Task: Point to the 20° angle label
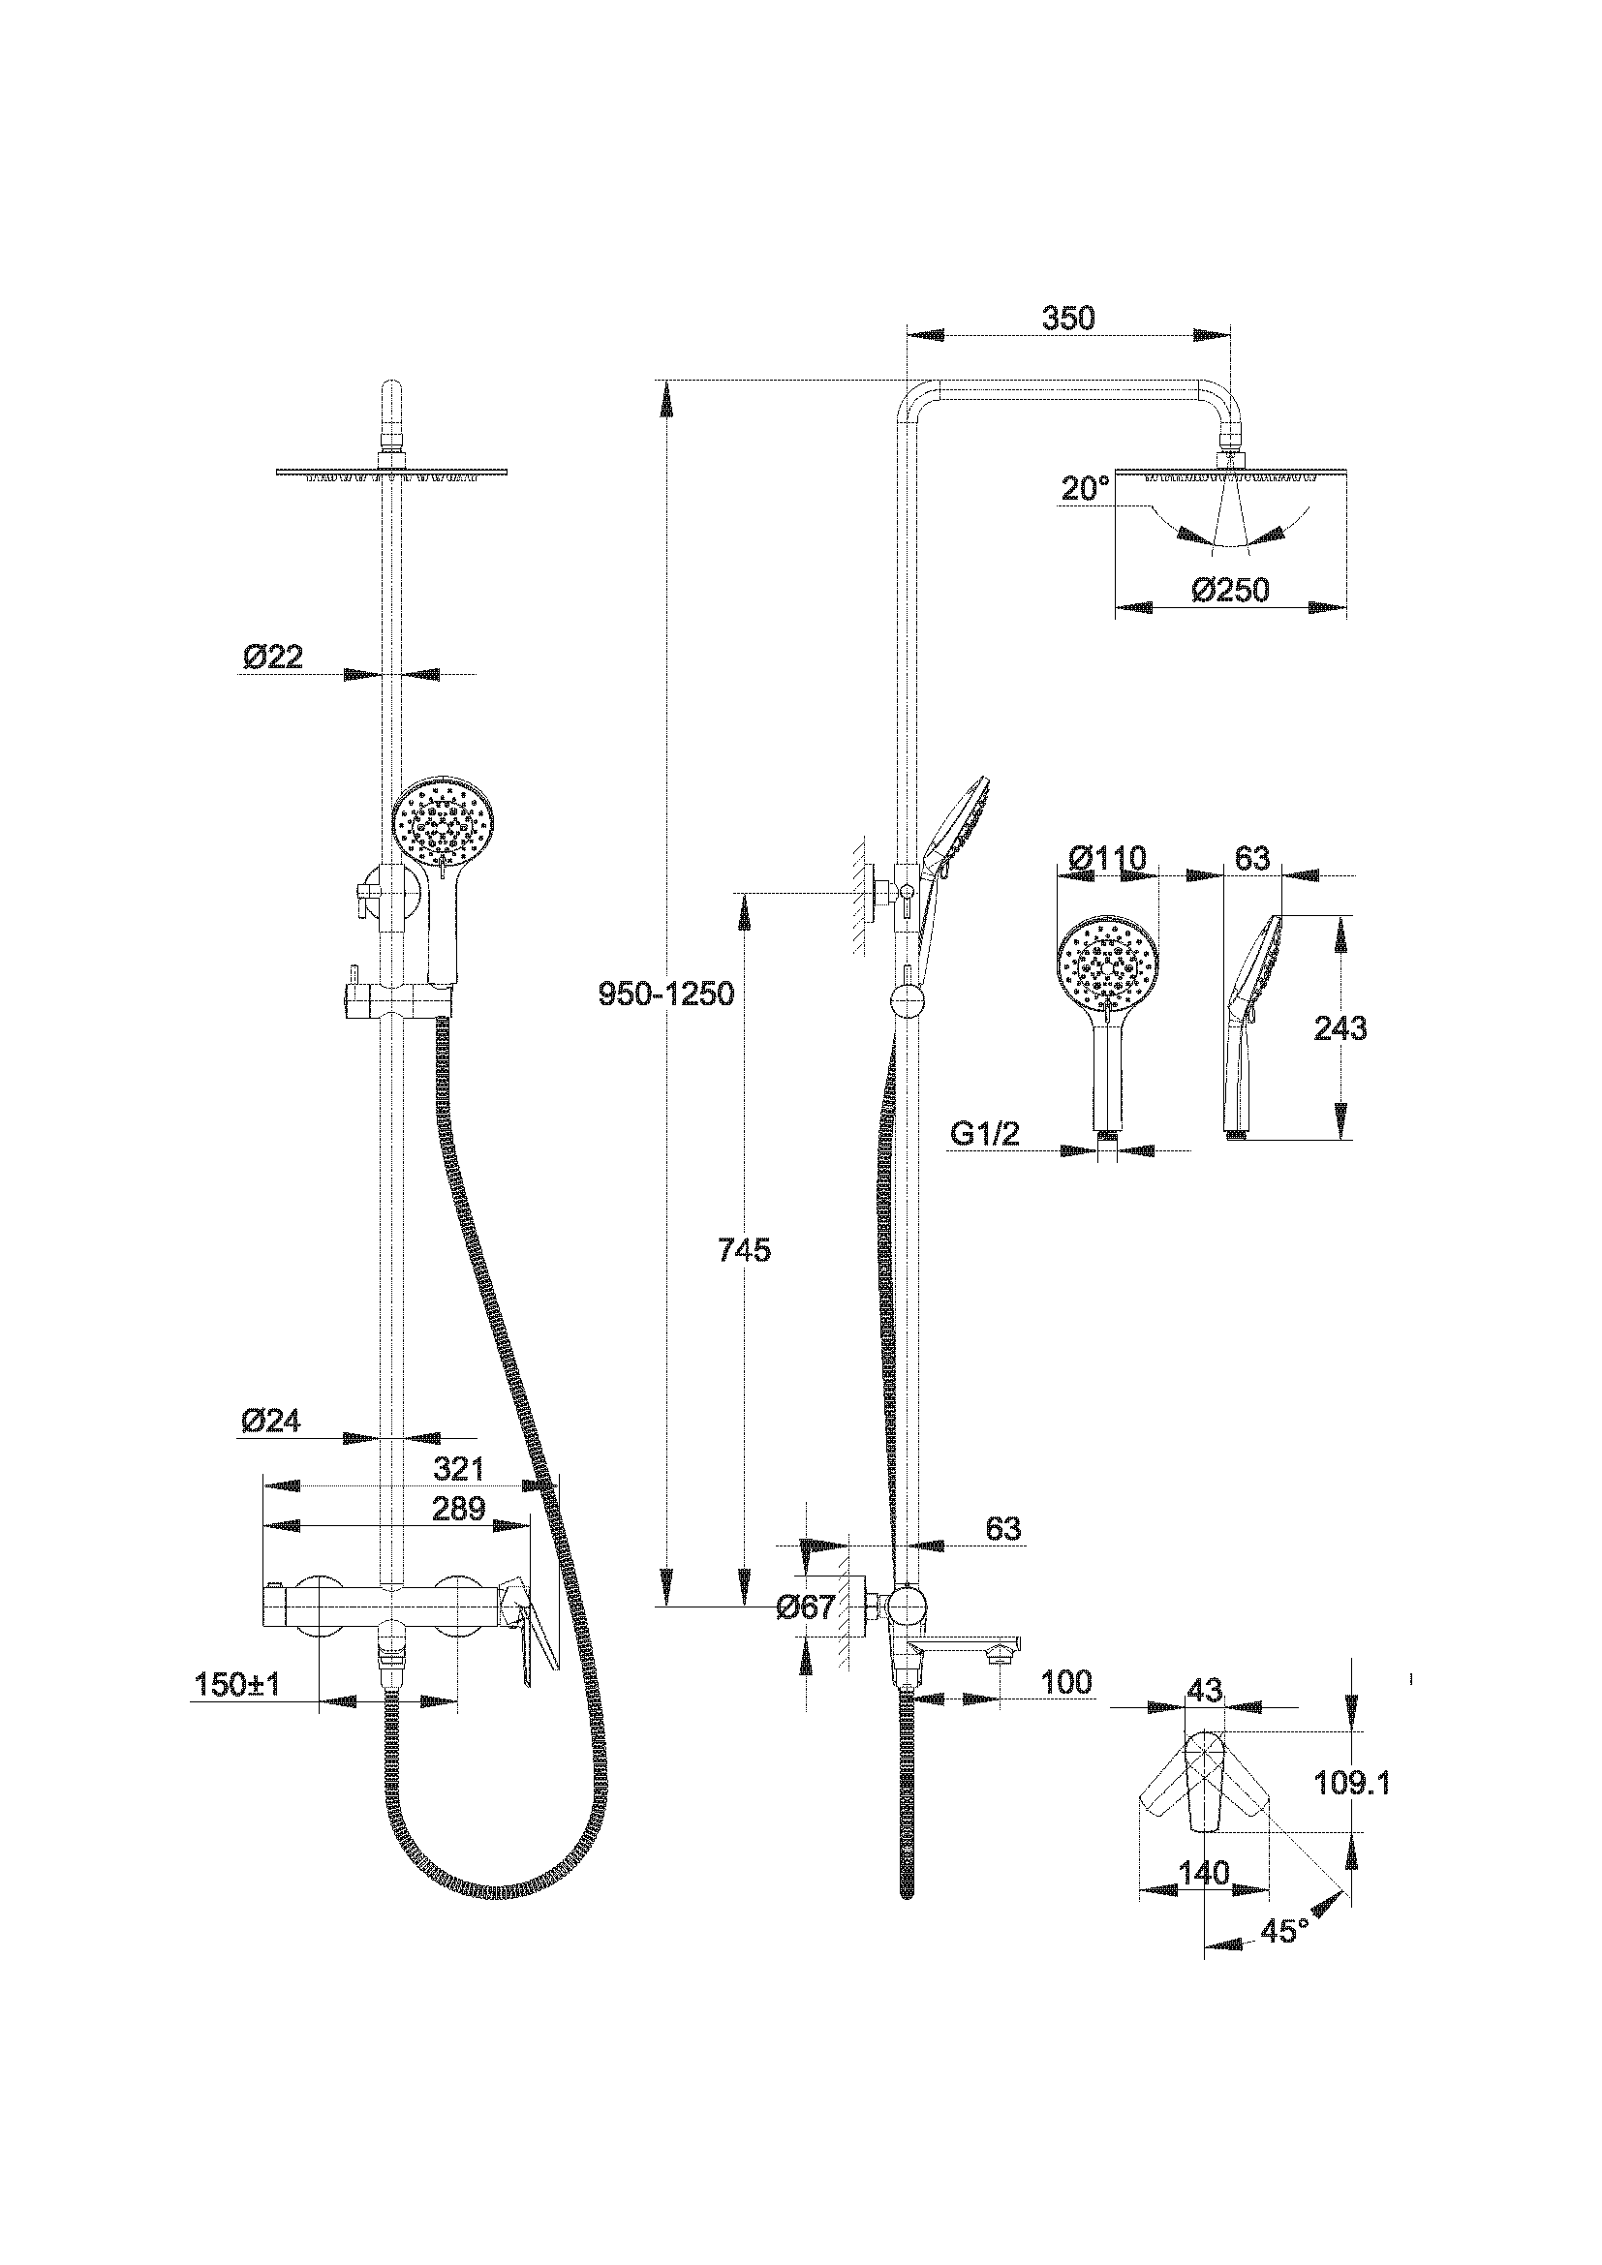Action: point(1084,488)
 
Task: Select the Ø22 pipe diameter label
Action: point(272,656)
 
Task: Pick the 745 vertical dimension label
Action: point(745,1250)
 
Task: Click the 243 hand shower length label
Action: point(1340,1028)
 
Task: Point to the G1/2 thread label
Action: point(984,1135)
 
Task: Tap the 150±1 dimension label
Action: point(236,1684)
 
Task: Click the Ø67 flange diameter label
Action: point(805,1607)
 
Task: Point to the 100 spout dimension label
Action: point(1066,1681)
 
